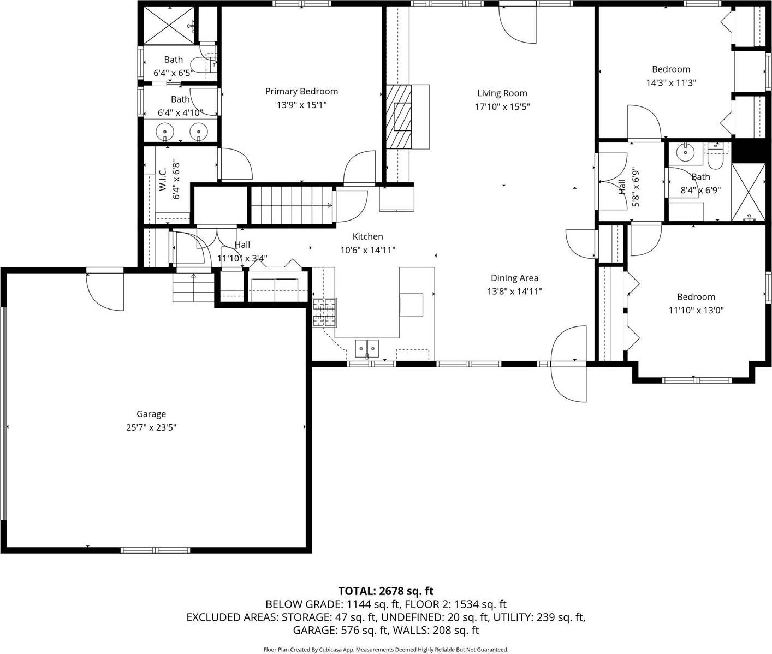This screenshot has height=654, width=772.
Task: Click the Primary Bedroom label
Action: click(301, 92)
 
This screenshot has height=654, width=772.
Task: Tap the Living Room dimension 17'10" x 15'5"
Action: click(502, 107)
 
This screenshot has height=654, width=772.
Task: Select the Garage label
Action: click(151, 414)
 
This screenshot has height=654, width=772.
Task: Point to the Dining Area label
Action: click(514, 278)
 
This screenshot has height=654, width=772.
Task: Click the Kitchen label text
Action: click(367, 236)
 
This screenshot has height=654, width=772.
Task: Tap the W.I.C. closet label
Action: click(163, 179)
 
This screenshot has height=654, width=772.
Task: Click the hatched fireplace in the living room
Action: click(399, 117)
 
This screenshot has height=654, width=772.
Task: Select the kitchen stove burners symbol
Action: click(324, 313)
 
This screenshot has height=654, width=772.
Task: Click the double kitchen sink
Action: click(367, 347)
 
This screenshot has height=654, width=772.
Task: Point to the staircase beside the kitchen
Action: click(291, 205)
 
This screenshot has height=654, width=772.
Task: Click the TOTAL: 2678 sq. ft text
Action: click(385, 591)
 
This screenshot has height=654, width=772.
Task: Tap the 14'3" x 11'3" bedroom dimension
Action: click(671, 83)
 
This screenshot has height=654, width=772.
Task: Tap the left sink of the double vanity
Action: click(164, 132)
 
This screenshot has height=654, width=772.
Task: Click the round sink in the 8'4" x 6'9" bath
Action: click(682, 152)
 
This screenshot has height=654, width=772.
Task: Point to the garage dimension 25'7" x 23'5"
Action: click(151, 428)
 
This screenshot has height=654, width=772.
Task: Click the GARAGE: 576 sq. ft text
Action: click(340, 631)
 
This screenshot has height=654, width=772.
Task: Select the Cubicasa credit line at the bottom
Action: click(385, 650)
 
